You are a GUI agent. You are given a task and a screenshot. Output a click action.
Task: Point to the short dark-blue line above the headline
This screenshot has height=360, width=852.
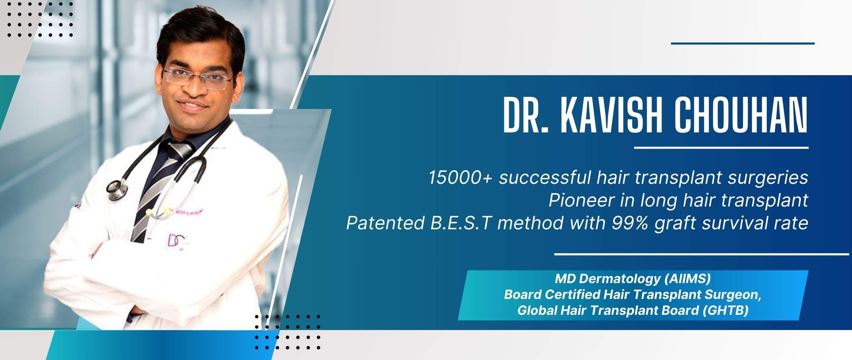743,53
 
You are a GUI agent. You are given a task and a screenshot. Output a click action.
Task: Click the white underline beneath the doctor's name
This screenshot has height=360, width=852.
721,148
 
